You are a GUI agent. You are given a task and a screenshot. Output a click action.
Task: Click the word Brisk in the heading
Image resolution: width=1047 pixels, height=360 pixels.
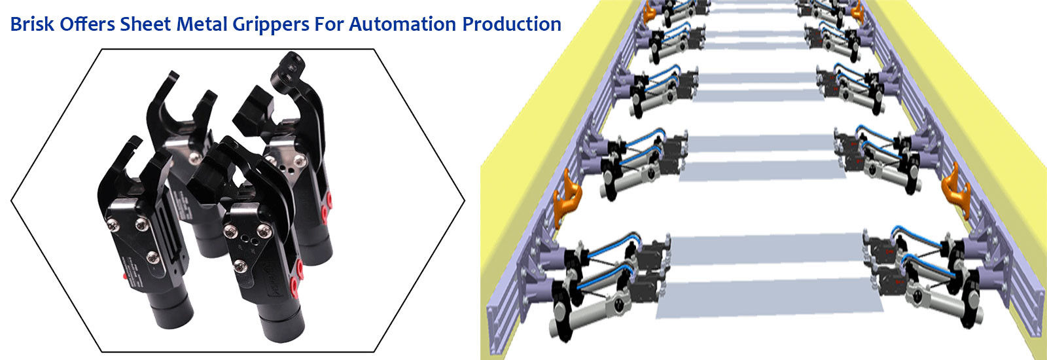[32, 24]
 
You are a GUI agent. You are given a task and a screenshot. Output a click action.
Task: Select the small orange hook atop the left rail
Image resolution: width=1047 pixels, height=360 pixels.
[650, 12]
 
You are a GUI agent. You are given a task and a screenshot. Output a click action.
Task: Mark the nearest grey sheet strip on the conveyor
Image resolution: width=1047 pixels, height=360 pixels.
[766, 298]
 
